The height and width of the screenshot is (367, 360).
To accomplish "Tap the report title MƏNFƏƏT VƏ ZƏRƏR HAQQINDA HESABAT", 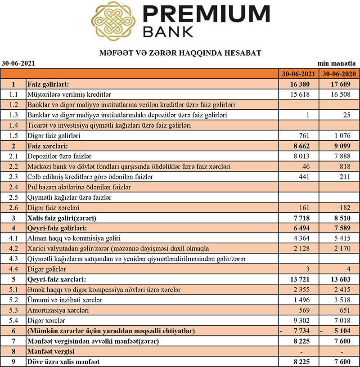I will point(180,53).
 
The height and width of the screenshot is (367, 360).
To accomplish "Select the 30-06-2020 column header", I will point(338,74).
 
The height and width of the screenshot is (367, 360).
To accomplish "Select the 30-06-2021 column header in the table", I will point(298,74).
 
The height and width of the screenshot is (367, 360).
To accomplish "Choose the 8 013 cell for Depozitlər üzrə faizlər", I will point(303,156).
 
